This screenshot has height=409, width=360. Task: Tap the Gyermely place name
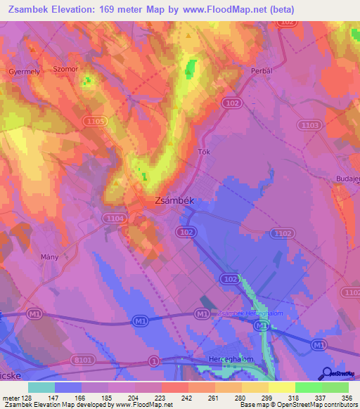point(24,72)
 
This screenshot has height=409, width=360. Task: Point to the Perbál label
point(254,72)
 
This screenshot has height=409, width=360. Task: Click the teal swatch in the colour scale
point(41,387)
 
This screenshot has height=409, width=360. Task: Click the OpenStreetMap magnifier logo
point(327,373)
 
